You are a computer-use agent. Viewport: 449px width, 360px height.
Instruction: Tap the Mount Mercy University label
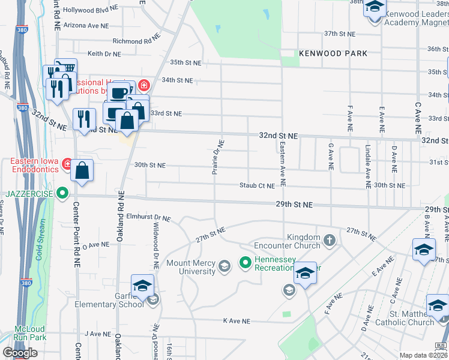click(191, 267)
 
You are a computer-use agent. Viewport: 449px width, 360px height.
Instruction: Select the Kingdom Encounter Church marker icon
click(329, 241)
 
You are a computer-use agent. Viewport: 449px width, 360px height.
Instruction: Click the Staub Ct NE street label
click(257, 186)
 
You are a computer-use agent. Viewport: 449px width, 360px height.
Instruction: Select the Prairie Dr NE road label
click(218, 157)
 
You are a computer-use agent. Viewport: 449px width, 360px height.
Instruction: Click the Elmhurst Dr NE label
click(149, 218)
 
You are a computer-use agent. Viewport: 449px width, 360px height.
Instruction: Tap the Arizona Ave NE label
click(86, 26)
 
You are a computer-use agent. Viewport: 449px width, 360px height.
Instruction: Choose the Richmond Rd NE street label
click(137, 41)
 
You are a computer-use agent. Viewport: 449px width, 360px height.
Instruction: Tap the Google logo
click(20, 353)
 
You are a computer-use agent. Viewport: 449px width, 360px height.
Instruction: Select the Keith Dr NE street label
click(104, 53)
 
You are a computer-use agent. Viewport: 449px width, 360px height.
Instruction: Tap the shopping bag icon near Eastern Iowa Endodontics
click(82, 170)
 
